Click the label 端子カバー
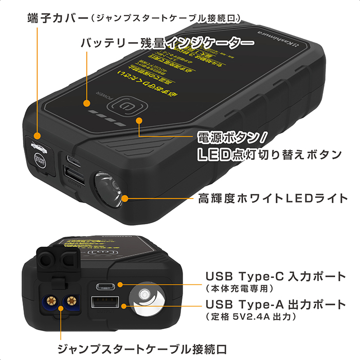[56, 19]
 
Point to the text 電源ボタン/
[231, 137]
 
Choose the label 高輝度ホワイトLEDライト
[273, 197]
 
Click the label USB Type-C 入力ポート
[275, 276]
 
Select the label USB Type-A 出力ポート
[275, 304]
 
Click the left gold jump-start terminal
[51, 300]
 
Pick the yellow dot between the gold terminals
[61, 308]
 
